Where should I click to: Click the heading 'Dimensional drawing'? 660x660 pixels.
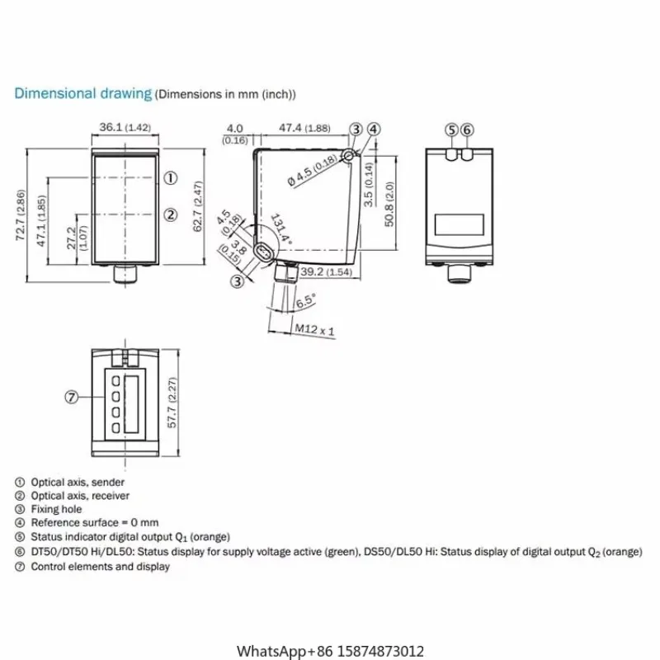click(82, 93)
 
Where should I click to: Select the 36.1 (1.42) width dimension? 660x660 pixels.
click(125, 128)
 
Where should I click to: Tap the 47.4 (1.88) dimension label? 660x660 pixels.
click(304, 128)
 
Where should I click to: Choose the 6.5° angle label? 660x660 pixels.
click(305, 301)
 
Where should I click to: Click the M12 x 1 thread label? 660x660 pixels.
click(314, 331)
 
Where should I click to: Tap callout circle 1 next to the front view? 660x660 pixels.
click(171, 177)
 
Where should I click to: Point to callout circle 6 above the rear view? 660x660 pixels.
click(467, 130)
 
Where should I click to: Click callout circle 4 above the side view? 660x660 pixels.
click(374, 129)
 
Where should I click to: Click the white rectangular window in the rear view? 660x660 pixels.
click(459, 224)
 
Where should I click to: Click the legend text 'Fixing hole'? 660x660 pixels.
click(56, 509)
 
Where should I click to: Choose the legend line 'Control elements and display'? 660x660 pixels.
click(100, 566)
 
